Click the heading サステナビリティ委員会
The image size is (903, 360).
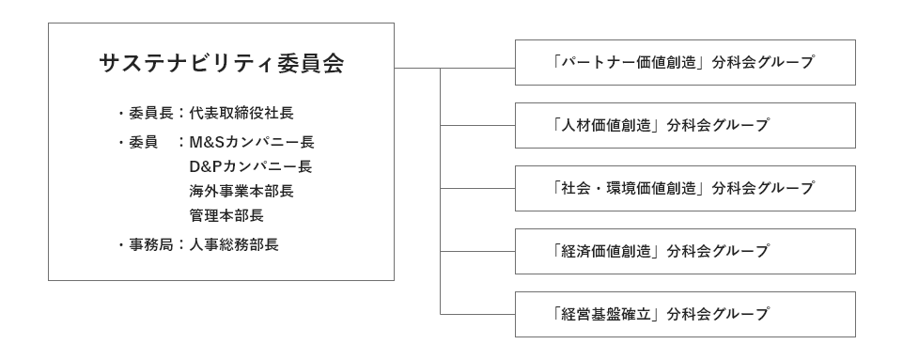coord(221,64)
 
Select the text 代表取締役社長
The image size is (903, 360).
coord(241,114)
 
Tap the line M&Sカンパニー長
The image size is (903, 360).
coord(251,143)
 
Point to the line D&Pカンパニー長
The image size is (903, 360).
coord(250,167)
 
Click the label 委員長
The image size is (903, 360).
coord(149,114)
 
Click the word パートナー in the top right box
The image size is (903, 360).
coord(596,63)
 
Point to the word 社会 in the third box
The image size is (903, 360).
coord(573,189)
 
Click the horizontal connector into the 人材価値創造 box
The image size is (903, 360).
coord(477,126)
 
